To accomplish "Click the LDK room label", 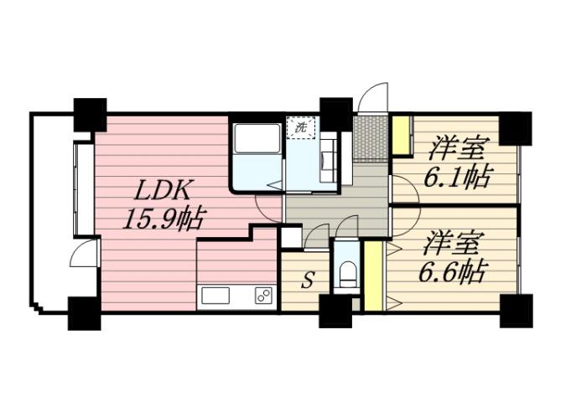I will [157, 188].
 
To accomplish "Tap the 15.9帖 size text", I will [163, 219].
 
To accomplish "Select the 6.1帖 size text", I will [459, 178].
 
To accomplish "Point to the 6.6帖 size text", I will [453, 271].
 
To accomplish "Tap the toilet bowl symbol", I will [347, 272].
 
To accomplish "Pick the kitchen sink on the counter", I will [215, 296].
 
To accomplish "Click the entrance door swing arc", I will [373, 95].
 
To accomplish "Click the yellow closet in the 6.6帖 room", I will [374, 276].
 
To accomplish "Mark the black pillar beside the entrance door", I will [335, 113].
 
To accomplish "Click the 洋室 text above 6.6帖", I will [452, 244].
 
